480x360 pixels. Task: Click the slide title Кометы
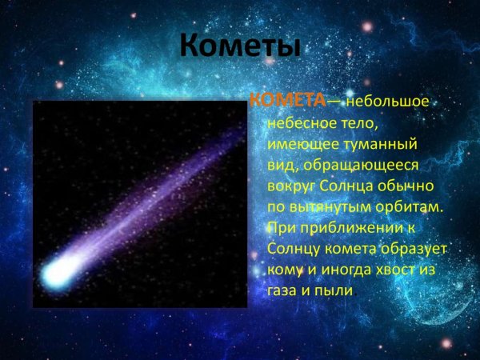pyautogui.click(x=239, y=46)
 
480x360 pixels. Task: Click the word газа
pyautogui.click(x=282, y=291)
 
